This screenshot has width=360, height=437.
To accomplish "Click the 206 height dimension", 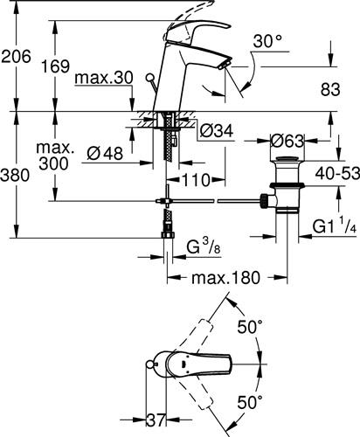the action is pos(16,56).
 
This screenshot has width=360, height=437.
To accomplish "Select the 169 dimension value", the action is pos(55,66).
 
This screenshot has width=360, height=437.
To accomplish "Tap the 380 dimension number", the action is pos(15,175).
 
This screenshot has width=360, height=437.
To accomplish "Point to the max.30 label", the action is pos(104,78).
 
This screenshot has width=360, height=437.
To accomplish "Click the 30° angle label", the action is pos(267,41).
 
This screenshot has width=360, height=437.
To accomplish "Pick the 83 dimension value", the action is pos(330,89).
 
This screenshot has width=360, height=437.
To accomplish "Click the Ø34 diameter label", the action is pos(217,131).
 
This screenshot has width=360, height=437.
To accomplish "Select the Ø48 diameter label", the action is pos(105,153).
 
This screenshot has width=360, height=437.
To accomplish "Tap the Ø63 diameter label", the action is pos(287,142).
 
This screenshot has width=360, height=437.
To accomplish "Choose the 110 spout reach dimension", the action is pos(197,180).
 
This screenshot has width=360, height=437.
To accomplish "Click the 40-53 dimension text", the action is pos(337,174).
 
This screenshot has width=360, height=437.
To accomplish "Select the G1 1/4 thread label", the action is pos(335,225).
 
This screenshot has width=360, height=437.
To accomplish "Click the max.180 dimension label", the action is pos(225,278).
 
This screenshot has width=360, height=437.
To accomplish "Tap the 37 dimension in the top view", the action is pos(156,420).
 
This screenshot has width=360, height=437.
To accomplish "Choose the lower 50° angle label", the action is pos(250,402).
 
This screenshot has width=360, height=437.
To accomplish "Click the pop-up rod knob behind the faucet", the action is pos(150,78).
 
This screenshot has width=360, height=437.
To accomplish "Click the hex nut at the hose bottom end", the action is pos(167,235).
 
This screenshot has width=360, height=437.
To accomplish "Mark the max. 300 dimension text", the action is pos(54,156).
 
